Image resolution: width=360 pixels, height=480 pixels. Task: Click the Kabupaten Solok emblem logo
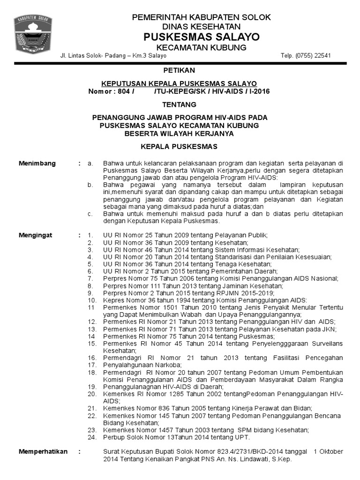pyautogui.click(x=33, y=36)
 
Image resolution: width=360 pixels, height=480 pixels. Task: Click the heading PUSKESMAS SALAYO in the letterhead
pyautogui.click(x=201, y=37)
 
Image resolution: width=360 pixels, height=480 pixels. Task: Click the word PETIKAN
pyautogui.click(x=179, y=70)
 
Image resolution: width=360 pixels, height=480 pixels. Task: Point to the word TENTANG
pyautogui.click(x=179, y=105)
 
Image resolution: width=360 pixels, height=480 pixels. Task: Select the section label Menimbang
pyautogui.click(x=37, y=164)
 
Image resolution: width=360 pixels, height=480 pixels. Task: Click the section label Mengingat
pyautogui.click(x=36, y=235)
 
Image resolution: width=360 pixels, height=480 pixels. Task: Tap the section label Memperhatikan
pyautogui.click(x=43, y=452)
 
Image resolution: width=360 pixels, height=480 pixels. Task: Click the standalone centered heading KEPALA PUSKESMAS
pyautogui.click(x=179, y=147)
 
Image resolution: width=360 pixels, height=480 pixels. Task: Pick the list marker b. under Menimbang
pyautogui.click(x=90, y=185)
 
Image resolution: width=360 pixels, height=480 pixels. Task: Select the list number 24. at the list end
pyautogui.click(x=92, y=437)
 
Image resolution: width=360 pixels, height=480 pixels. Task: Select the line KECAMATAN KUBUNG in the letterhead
pyautogui.click(x=201, y=48)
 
